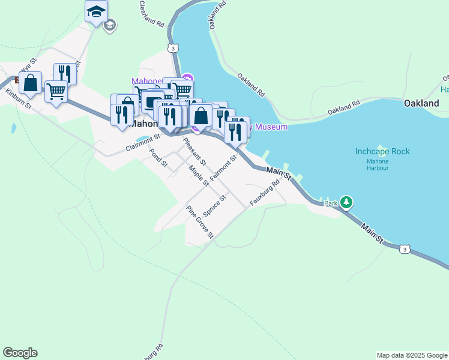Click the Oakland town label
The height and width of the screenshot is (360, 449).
tap(421, 103)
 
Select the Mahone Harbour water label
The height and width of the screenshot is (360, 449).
tap(378, 164)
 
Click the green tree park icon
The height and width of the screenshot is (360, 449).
tap(346, 203)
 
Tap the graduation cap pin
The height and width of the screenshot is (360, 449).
tap(96, 12)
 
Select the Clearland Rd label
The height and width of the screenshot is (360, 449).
tap(151, 15)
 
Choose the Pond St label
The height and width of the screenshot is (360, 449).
tap(158, 158)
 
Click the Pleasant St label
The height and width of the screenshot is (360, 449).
tap(194, 152)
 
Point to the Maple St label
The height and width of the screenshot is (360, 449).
tap(198, 175)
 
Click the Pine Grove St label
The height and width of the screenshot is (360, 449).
tap(200, 221)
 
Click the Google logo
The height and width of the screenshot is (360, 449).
tap(20, 353)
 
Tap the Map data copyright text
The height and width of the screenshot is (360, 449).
tap(411, 355)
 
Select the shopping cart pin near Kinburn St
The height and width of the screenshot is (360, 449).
tap(56, 91)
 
